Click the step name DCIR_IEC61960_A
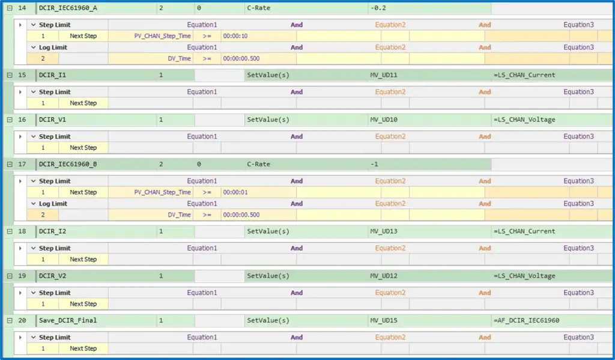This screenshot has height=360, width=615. (x=68, y=8)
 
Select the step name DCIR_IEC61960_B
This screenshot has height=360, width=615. (x=68, y=164)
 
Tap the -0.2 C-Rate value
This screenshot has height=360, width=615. (x=378, y=8)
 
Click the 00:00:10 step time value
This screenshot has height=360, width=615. (x=235, y=36)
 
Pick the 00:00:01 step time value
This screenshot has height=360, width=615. (x=235, y=192)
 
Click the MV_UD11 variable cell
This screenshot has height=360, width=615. (x=384, y=75)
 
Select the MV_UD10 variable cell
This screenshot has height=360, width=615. (x=384, y=120)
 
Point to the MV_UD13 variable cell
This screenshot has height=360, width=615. (x=384, y=231)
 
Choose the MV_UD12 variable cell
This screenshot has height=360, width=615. (x=384, y=276)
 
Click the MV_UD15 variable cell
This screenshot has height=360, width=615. (x=384, y=320)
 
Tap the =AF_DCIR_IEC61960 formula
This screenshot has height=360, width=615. (x=526, y=320)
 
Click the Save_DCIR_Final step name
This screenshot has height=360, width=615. (x=68, y=320)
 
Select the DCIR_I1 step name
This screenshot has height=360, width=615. (x=53, y=75)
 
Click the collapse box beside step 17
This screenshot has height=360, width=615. (x=10, y=164)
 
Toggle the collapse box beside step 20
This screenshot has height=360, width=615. (x=10, y=320)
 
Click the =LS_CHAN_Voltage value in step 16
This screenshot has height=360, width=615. (x=524, y=120)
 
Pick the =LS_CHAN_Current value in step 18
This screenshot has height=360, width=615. (x=524, y=231)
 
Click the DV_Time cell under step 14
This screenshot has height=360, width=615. (x=179, y=58)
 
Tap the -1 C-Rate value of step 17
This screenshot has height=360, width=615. (x=375, y=164)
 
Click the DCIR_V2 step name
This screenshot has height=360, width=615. (x=53, y=276)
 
